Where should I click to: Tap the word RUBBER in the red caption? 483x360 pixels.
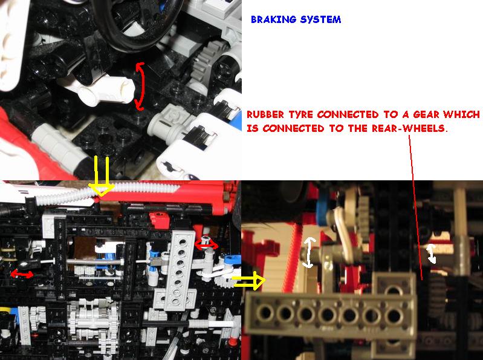265,114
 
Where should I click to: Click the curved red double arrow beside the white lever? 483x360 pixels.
140,87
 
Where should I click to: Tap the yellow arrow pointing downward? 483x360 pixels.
102,175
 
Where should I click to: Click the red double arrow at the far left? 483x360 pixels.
22,273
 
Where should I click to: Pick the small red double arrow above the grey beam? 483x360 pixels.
206,244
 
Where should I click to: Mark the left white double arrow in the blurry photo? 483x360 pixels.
309,252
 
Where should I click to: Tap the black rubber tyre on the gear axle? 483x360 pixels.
436,294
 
